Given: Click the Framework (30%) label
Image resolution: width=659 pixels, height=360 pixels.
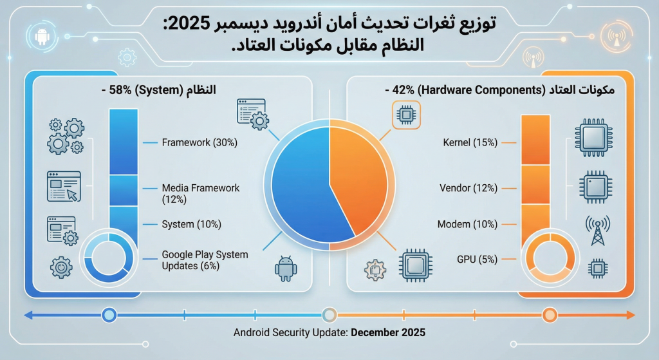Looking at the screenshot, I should pos(200,142).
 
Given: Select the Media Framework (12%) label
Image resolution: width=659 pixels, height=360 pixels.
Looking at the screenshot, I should pos(200,193).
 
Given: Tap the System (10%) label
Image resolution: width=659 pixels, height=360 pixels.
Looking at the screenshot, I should pos(191,224).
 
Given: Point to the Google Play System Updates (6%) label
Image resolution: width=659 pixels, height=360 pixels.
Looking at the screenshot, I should pos(205,260).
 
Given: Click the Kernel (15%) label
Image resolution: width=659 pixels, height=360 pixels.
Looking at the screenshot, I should pos(470,142).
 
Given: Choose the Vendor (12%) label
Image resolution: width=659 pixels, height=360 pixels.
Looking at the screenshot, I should pos(468,188).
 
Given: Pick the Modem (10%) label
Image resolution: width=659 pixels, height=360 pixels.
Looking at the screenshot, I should pos(467,224).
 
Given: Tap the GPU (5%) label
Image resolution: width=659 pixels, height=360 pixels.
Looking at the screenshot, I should pos(477,260).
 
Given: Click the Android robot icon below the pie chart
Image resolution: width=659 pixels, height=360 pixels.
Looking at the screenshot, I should pos(286,269).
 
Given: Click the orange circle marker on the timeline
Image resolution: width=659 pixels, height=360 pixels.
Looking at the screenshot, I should pos(549,315).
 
